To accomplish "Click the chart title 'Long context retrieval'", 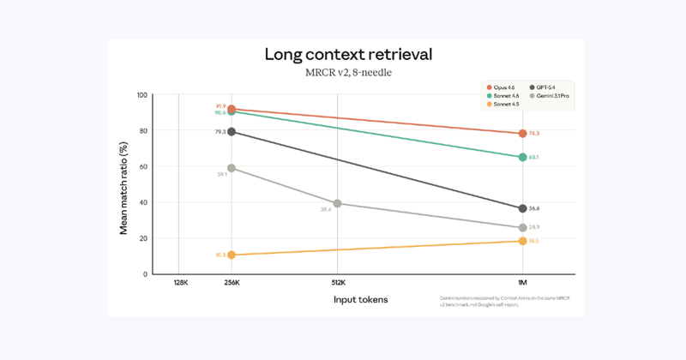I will pos(347,54).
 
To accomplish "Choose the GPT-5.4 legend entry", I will pos(546,87).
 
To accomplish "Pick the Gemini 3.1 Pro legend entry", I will pos(551,96).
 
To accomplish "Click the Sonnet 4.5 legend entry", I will pos(504,105).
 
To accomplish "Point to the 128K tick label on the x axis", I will pos(178,282).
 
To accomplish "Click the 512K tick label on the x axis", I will pos(338,282).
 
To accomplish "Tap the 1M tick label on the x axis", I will pos(522,282).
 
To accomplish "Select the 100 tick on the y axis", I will pos(141,94).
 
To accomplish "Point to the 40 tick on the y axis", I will pos(142,202).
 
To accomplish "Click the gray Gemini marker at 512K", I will pos(338,203).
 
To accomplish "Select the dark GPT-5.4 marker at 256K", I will pos(232,132).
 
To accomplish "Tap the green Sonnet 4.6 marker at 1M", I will pos(522,157).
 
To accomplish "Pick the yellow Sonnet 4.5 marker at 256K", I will pos(232,255).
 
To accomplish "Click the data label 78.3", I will pos(535,134).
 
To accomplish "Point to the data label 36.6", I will pos(535,208).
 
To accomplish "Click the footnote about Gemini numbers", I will pos(506,301).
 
